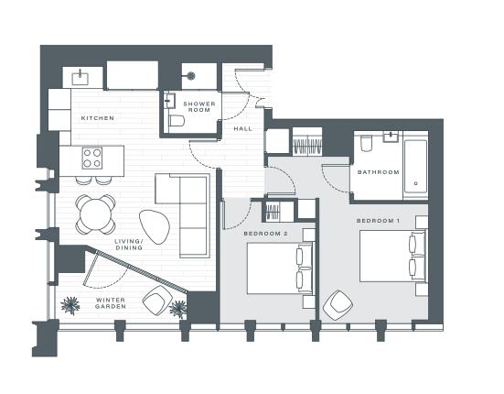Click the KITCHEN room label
pyautogui.click(x=98, y=119)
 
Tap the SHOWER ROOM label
pyautogui.click(x=198, y=106)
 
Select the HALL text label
pyautogui.click(x=243, y=129)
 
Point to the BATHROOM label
pyautogui.click(x=378, y=172)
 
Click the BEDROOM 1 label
pyautogui.click(x=379, y=223)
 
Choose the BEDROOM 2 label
pyautogui.click(x=266, y=235)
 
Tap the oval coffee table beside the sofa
pyautogui.click(x=154, y=224)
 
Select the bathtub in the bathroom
pyautogui.click(x=415, y=167)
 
